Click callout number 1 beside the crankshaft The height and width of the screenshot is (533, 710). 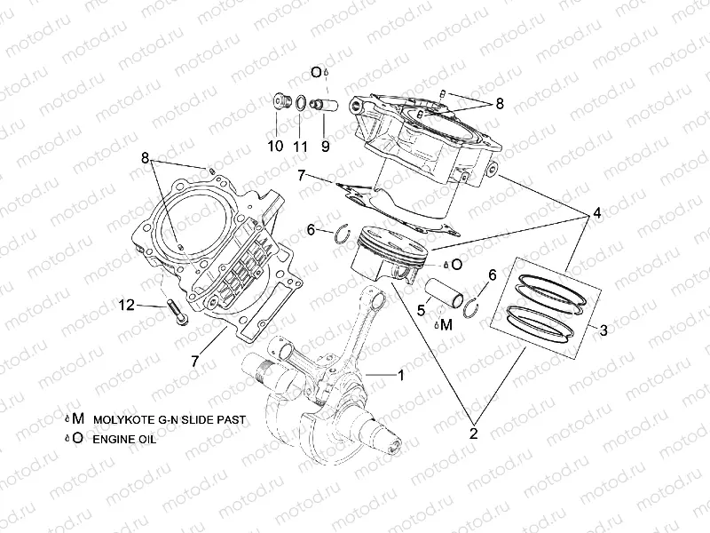(400, 376)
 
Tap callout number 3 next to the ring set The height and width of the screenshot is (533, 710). (603, 330)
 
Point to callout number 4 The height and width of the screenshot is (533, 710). (596, 213)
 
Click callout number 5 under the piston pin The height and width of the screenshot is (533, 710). (422, 310)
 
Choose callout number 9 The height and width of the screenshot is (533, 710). (325, 146)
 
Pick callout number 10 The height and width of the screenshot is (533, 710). (276, 146)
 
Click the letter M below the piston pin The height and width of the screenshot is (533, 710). (446, 325)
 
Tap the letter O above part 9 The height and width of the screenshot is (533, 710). (315, 72)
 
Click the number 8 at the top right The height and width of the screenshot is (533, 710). (499, 103)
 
